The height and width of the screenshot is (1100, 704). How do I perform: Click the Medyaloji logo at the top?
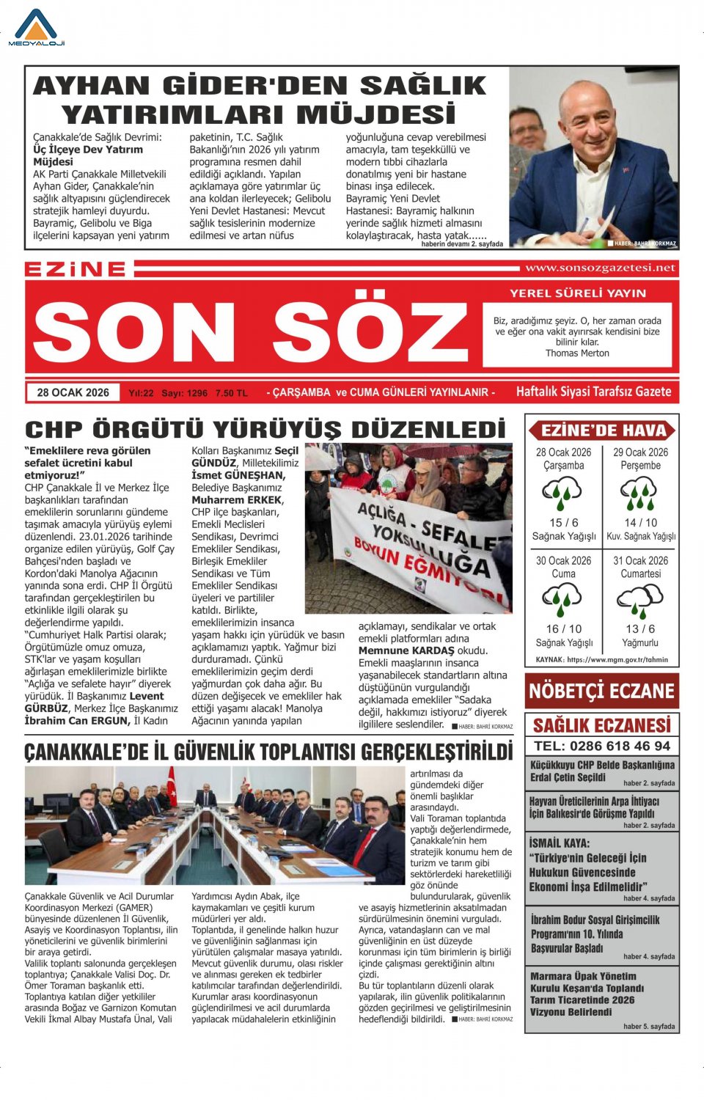pyautogui.click(x=36, y=28)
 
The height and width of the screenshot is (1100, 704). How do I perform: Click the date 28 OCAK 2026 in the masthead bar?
pyautogui.click(x=73, y=392)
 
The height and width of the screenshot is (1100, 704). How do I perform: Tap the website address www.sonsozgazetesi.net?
pyautogui.click(x=600, y=268)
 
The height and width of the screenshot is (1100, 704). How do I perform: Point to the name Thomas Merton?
pyautogui.click(x=577, y=353)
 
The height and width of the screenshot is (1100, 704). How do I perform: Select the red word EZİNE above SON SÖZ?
pyautogui.click(x=76, y=269)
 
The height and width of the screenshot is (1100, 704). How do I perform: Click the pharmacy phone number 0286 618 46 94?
pyautogui.click(x=601, y=746)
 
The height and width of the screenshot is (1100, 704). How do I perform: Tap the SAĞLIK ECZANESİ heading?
pyautogui.click(x=601, y=725)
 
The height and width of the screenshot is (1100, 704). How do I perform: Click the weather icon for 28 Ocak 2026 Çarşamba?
pyautogui.click(x=562, y=493)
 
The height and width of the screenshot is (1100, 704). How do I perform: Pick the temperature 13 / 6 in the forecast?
pyautogui.click(x=640, y=628)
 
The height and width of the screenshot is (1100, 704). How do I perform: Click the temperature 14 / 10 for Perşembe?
pyautogui.click(x=640, y=522)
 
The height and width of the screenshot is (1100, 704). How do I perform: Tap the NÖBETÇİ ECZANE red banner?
pyautogui.click(x=601, y=691)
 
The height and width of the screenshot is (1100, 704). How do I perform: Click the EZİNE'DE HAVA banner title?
pyautogui.click(x=603, y=430)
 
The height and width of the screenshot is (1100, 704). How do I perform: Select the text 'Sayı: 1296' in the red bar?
pyautogui.click(x=184, y=393)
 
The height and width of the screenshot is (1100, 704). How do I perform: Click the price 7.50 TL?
pyautogui.click(x=232, y=393)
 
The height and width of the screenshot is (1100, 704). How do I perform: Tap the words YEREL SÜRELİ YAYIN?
pyautogui.click(x=578, y=293)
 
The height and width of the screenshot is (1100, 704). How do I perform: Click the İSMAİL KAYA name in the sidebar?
pyautogui.click(x=559, y=843)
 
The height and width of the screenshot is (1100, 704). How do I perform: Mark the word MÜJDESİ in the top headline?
pyautogui.click(x=375, y=114)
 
